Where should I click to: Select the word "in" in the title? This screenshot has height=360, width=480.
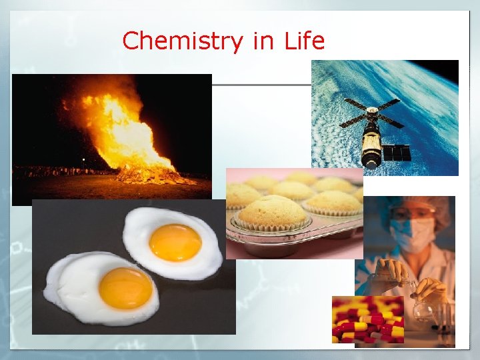(263, 41)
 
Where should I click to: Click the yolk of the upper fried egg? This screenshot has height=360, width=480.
(175, 242)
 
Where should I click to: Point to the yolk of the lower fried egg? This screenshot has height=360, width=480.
(125, 288)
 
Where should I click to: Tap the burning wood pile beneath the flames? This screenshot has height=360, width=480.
(150, 176)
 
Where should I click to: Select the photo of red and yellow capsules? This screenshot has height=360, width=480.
(367, 319)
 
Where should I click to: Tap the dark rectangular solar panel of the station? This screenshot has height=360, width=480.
(401, 153)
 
